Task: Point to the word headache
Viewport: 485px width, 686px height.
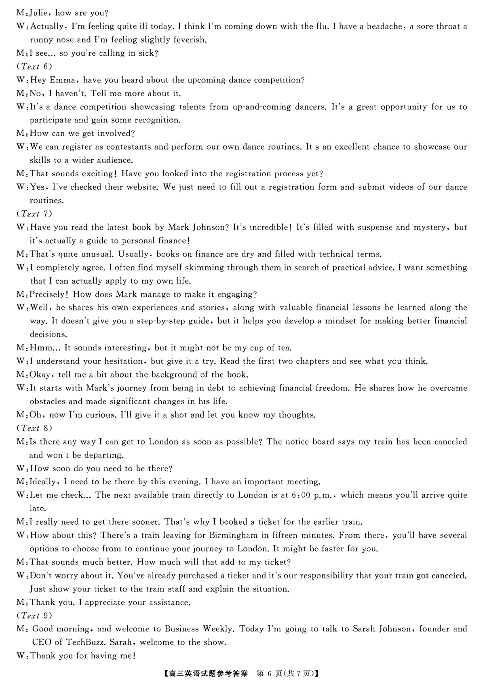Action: click(384, 27)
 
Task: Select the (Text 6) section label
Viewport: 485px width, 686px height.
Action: click(34, 66)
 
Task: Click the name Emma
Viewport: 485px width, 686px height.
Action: click(62, 80)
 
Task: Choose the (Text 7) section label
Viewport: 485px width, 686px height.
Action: click(34, 213)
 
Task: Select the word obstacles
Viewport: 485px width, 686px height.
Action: click(47, 401)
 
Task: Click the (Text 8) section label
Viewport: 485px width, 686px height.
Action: click(34, 428)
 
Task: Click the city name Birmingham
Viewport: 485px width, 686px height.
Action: click(233, 535)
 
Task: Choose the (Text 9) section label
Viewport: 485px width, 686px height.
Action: click(34, 616)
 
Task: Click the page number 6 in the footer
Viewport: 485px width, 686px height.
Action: click(271, 673)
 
